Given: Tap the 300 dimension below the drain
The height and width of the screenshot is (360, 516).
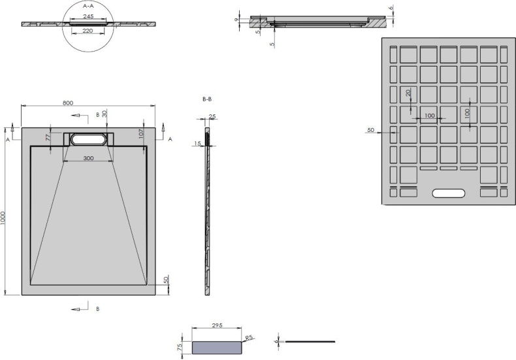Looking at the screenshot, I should click(89, 159).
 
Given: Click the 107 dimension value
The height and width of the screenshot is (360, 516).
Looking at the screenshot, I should click(141, 135).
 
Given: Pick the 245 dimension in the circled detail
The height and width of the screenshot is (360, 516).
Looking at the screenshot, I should click(89, 16).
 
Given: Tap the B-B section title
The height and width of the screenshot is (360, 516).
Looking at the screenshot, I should click(207, 99).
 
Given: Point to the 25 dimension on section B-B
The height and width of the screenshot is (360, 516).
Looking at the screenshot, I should click(212, 117).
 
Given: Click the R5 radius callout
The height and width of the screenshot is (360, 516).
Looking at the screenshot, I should click(248, 338).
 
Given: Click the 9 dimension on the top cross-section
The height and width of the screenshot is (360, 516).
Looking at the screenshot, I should click(236, 20).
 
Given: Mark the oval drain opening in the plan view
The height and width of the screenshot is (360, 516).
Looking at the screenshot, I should click(89, 139).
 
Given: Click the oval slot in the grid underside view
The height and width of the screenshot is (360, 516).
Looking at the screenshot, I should click(449, 193).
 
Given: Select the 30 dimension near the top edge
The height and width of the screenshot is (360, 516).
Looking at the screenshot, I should click(104, 114).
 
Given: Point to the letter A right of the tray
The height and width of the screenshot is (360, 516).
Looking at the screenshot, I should click(170, 139).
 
